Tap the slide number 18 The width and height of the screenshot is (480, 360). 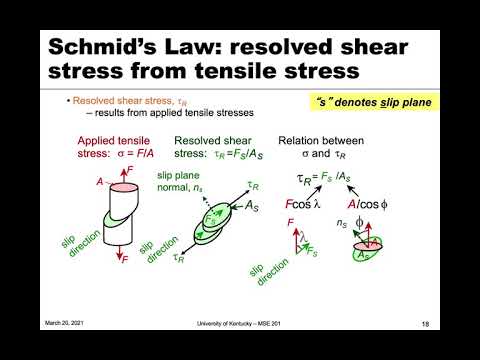[x=425, y=322]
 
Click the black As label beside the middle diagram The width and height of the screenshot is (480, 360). [x=256, y=206]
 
